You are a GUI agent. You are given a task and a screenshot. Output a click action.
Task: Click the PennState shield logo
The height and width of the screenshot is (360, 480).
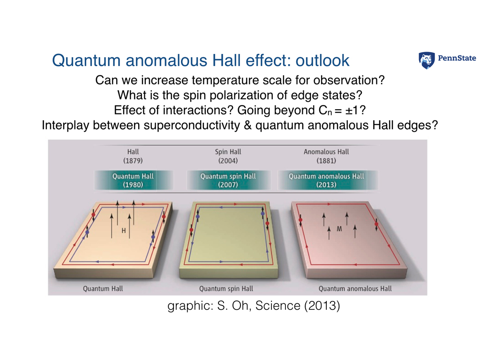[427, 60]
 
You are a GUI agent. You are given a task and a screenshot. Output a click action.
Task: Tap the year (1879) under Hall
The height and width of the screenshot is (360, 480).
[133, 161]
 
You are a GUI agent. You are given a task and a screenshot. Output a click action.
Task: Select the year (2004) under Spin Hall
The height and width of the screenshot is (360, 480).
[228, 161]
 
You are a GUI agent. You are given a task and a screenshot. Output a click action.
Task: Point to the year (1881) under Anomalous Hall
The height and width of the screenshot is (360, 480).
[326, 161]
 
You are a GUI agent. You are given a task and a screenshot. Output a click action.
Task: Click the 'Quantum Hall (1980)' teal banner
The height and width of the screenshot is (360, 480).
[133, 180]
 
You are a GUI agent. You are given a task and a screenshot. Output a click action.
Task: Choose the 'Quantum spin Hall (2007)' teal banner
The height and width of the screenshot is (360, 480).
[228, 180]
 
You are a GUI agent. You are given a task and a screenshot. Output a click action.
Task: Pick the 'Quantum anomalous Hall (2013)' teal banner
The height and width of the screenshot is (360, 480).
[326, 180]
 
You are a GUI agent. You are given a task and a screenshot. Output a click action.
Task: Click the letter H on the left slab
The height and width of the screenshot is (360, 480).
[124, 231]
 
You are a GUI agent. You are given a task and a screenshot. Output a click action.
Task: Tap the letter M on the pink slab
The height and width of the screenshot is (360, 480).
[339, 230]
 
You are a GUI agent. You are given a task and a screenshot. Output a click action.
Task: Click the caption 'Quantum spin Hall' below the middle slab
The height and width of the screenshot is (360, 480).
[226, 288]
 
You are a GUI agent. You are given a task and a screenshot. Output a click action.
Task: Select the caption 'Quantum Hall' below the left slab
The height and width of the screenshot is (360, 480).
[103, 288]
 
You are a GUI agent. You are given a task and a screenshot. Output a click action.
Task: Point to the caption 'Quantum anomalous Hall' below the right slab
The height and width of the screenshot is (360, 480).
[355, 288]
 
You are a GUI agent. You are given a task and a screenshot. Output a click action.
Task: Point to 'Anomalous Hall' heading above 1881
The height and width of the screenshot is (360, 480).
[326, 152]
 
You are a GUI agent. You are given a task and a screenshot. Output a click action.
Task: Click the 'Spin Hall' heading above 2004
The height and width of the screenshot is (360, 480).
[228, 152]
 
